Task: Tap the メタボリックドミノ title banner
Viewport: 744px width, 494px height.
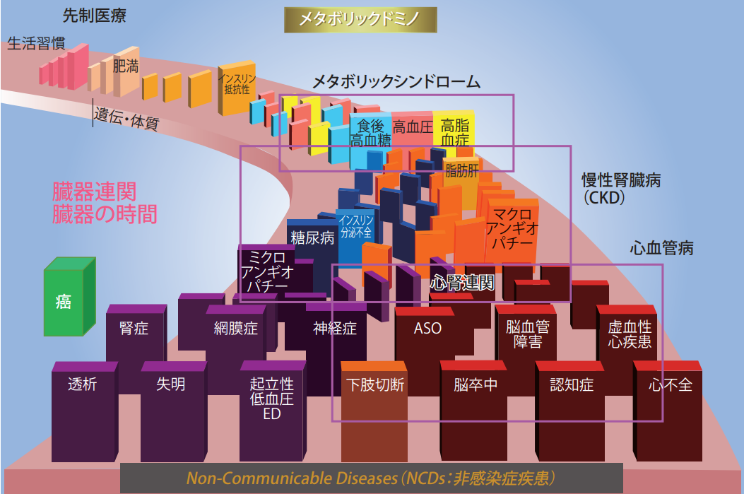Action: [x=360, y=19]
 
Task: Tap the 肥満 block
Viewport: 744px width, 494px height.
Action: [x=125, y=69]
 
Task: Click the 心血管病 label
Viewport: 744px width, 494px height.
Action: [x=661, y=248]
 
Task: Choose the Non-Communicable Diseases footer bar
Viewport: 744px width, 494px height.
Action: [x=372, y=478]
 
